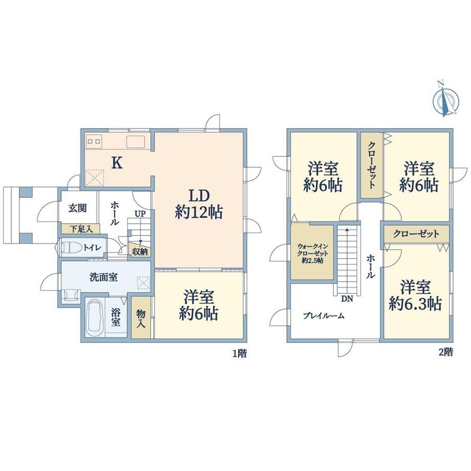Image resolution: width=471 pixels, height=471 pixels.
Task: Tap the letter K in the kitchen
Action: (117, 163)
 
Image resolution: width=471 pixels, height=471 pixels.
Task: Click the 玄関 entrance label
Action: (77, 208)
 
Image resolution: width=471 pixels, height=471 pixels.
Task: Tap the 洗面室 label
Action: (103, 277)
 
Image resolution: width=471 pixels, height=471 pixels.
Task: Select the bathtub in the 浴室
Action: (95, 317)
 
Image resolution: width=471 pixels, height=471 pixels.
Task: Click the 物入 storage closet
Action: (141, 318)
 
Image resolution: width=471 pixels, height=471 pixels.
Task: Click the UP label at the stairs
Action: (140, 214)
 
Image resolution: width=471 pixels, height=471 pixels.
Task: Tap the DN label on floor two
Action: (347, 299)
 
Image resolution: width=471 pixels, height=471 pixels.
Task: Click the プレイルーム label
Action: (323, 316)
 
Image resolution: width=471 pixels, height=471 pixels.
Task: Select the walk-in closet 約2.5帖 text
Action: (312, 253)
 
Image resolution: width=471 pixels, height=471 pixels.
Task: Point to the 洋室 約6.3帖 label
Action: (415, 295)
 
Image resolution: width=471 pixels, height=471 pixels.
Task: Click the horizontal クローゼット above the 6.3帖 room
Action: (416, 233)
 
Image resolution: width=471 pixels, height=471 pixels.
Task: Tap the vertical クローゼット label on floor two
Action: (371, 165)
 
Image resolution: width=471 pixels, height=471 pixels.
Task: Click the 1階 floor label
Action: (240, 353)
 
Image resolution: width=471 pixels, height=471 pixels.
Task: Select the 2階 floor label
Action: (446, 352)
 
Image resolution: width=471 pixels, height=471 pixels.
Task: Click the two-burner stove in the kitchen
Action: (94, 141)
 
